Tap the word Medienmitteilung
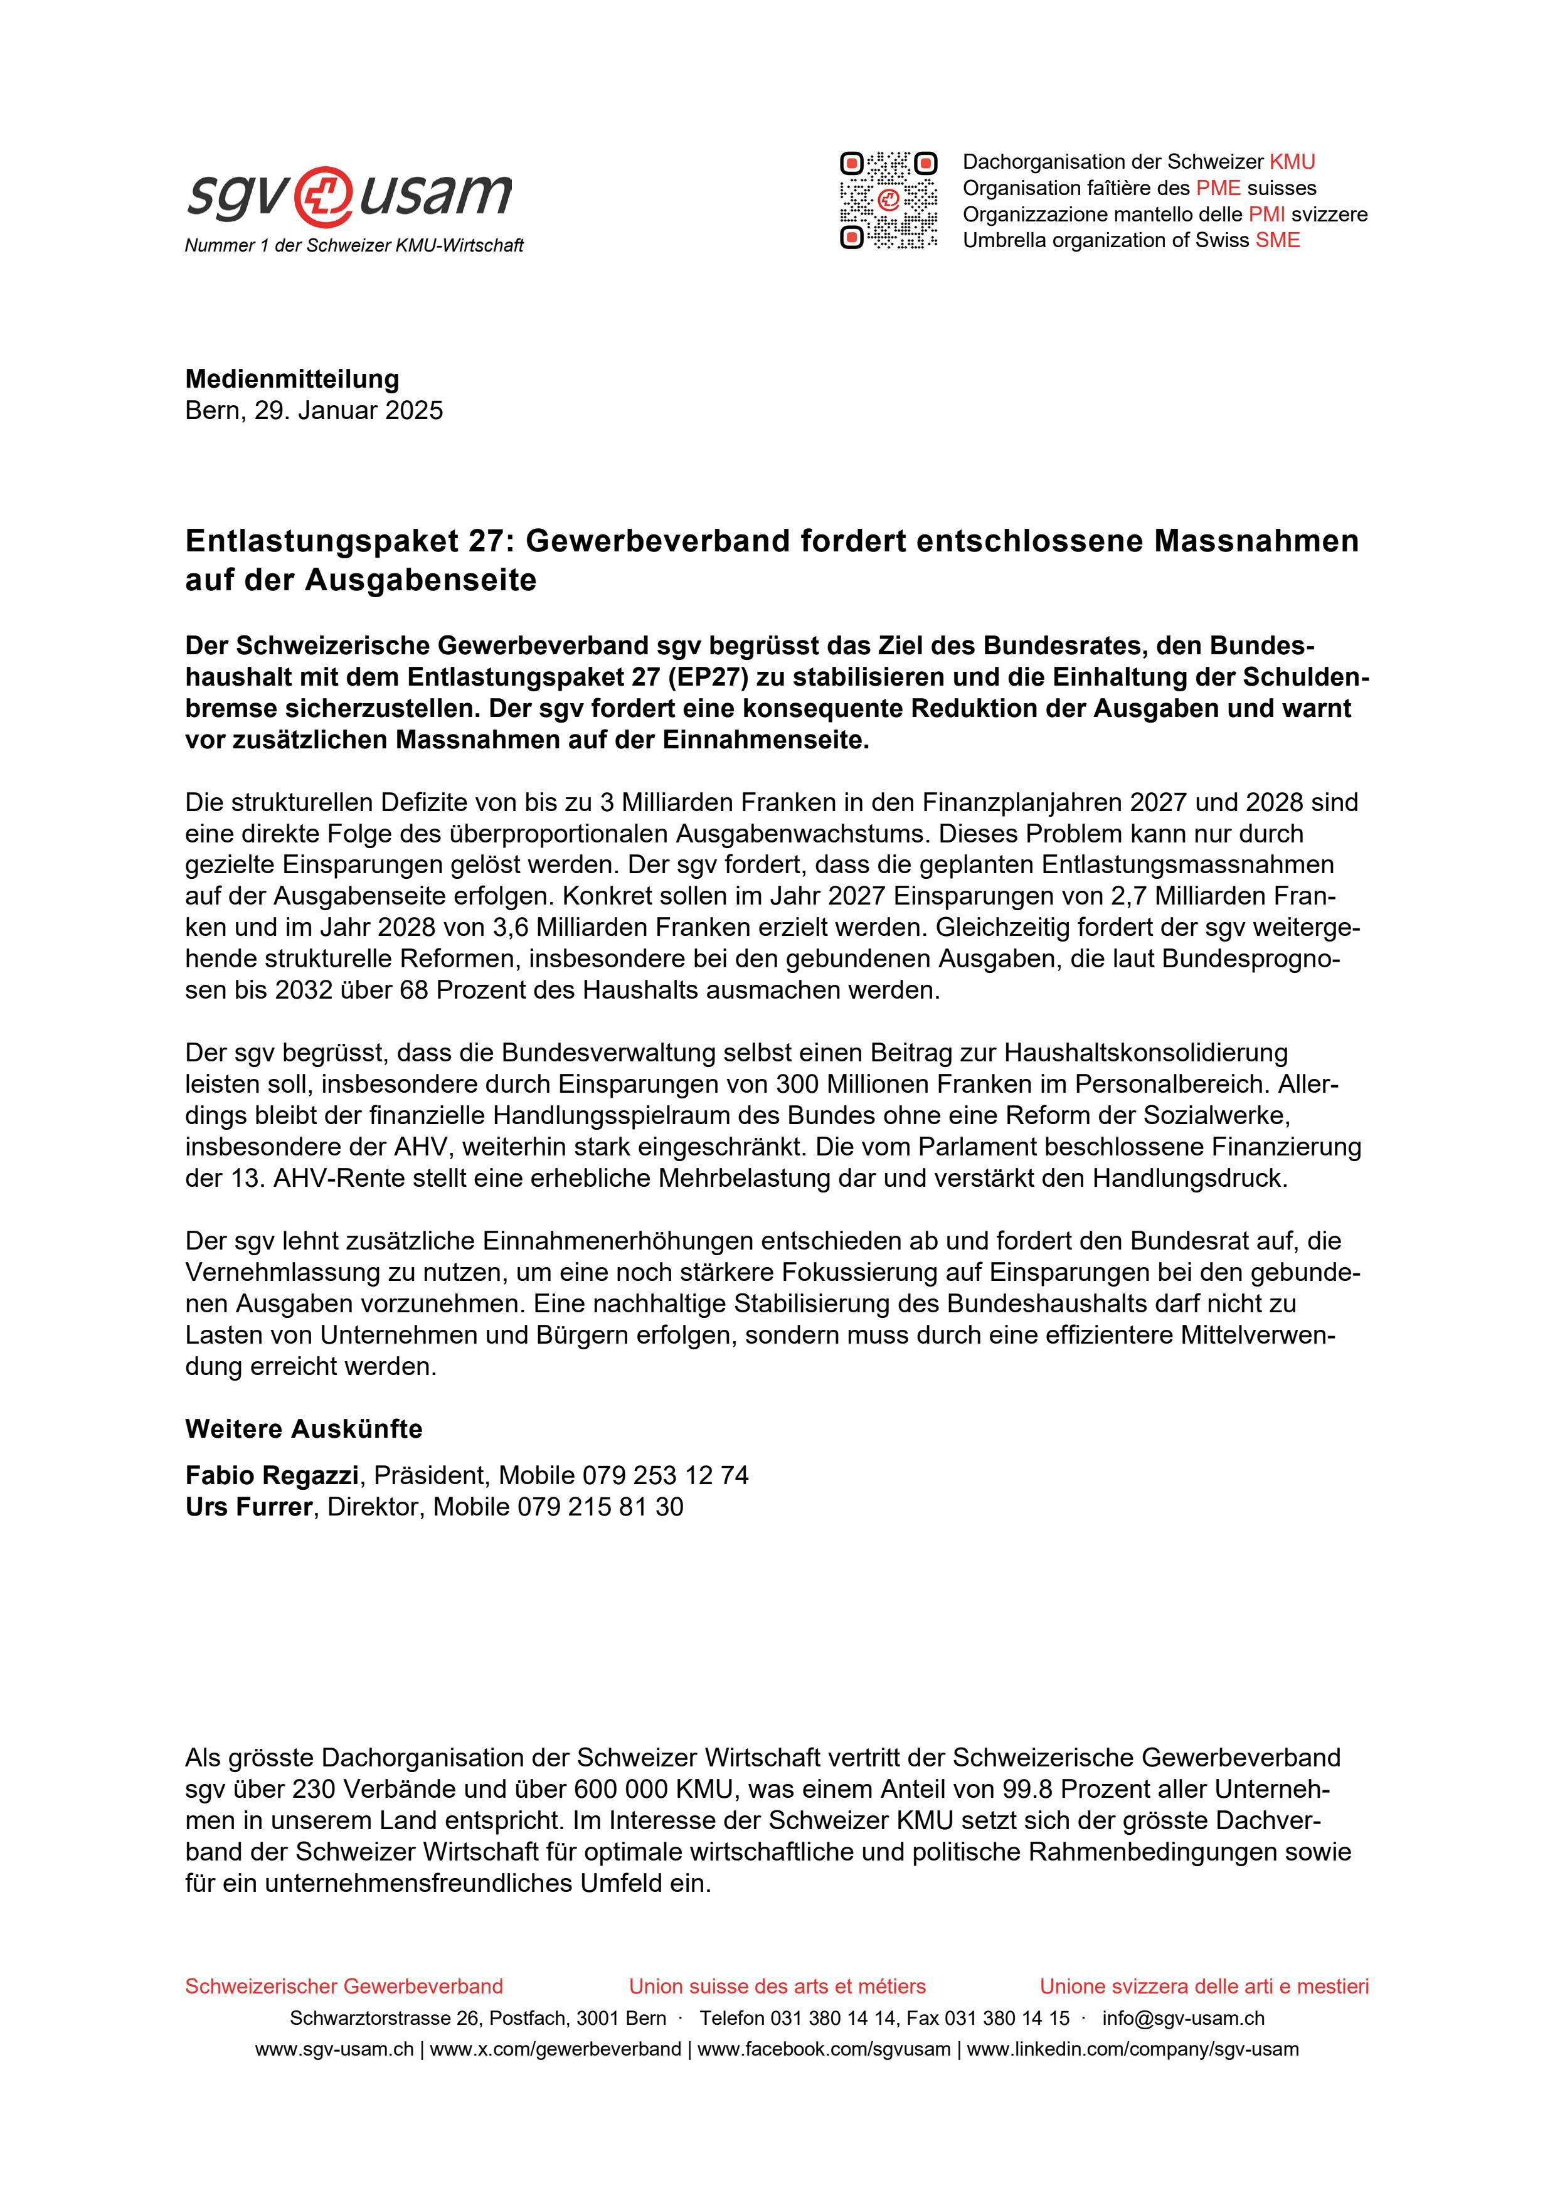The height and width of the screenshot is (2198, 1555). click(292, 379)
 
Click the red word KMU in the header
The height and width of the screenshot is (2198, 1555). click(1292, 162)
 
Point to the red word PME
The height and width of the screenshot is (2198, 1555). click(1218, 188)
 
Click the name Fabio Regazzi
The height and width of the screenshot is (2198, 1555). click(272, 1475)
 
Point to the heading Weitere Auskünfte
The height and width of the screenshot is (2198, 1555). click(304, 1430)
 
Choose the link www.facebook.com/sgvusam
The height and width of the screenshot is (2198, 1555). click(824, 2049)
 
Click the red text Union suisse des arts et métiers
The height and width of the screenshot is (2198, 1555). click(777, 1987)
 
